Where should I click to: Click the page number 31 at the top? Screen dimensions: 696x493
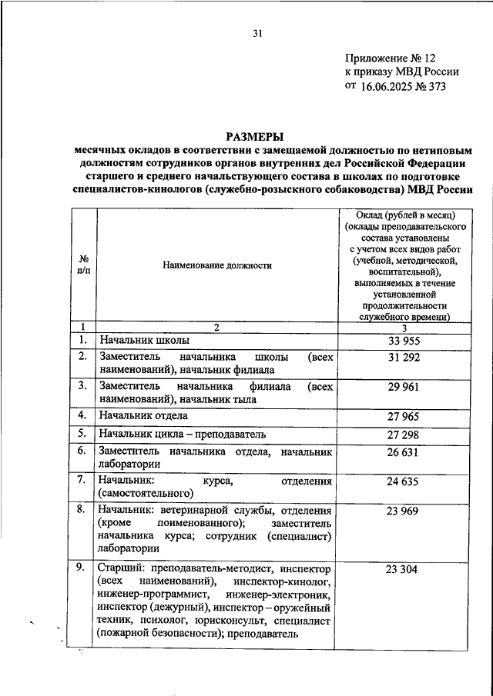pos(257,33)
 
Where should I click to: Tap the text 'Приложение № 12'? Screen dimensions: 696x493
pos(391,58)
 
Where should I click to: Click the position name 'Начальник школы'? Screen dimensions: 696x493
pos(144,340)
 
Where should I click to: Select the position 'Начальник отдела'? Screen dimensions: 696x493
pos(143,416)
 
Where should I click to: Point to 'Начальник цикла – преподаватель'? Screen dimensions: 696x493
pos(182,434)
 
